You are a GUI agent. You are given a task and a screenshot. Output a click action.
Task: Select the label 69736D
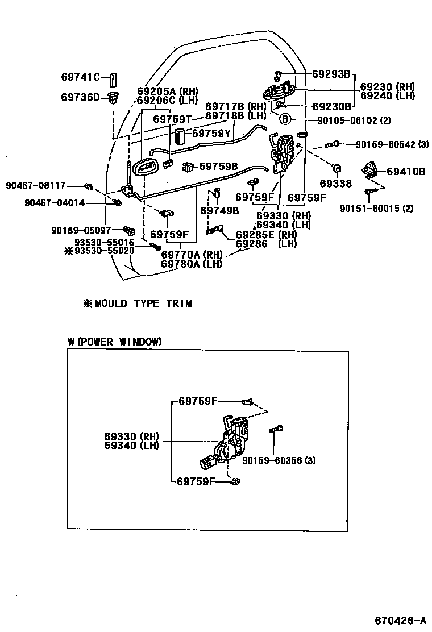click(x=80, y=97)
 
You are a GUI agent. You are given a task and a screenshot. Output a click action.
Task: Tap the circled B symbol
click(x=285, y=119)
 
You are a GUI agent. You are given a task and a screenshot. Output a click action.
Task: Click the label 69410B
click(x=406, y=171)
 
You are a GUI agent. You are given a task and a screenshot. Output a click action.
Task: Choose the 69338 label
click(x=335, y=184)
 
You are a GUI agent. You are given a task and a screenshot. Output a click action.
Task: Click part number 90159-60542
click(x=384, y=144)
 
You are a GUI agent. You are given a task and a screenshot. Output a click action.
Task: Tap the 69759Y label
click(x=211, y=134)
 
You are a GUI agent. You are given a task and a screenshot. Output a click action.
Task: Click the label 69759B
click(x=218, y=166)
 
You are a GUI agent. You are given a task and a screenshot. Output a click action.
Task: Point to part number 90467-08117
click(x=36, y=185)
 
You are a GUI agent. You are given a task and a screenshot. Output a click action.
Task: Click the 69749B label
click(x=219, y=210)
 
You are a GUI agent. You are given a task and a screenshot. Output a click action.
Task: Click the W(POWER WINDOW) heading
click(x=114, y=342)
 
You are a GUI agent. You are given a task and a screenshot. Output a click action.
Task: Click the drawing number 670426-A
click(x=400, y=619)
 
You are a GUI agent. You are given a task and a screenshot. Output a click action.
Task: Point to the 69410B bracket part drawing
click(x=370, y=169)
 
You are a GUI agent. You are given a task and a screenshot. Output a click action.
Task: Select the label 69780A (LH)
click(x=191, y=263)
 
